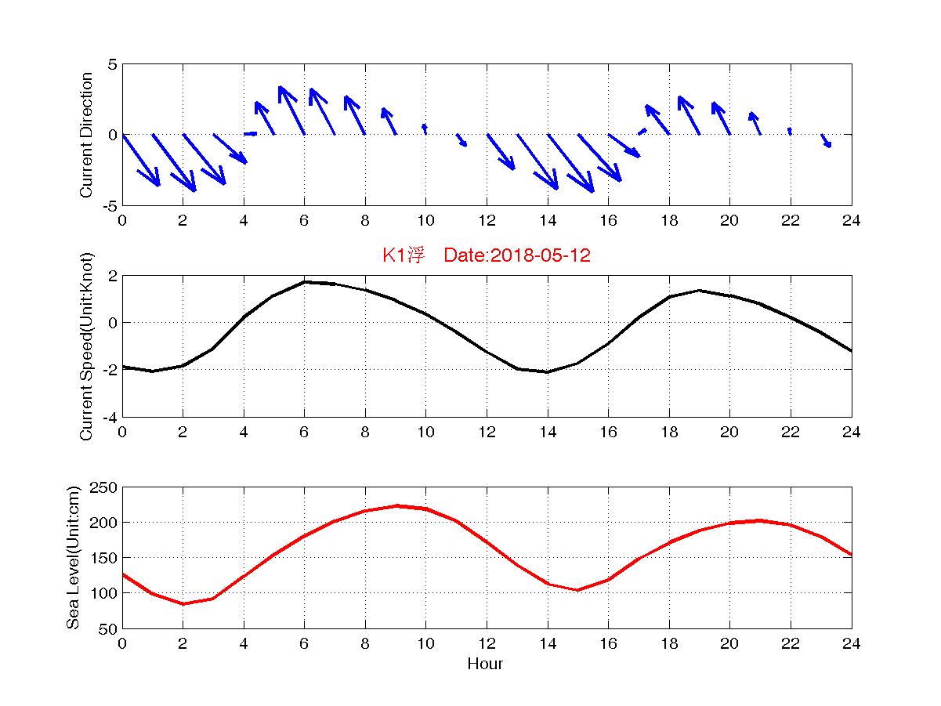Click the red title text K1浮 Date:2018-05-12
click(486, 256)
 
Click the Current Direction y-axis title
click(87, 135)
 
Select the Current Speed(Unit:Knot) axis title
click(87, 346)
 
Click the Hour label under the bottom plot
click(486, 664)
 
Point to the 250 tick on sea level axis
click(107, 487)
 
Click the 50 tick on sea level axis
click(110, 628)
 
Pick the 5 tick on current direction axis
click(113, 64)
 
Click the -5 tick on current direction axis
click(110, 205)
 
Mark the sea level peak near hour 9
click(396, 506)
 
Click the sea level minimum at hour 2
click(183, 603)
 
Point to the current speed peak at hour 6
click(305, 281)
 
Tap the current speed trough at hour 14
click(548, 371)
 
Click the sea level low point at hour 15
click(577, 590)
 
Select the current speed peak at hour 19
click(699, 291)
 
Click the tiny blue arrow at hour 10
click(425, 129)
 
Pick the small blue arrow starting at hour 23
click(826, 140)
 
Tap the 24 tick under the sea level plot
click(852, 643)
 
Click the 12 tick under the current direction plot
click(487, 221)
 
